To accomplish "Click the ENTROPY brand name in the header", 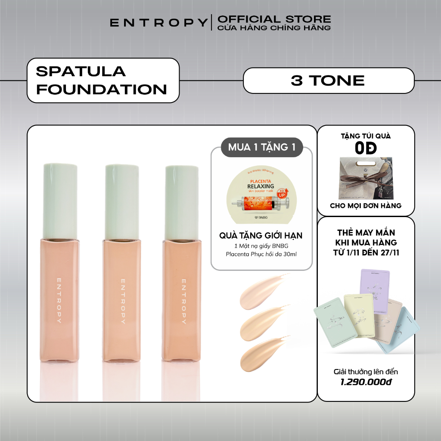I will pyautogui.click(x=158, y=23).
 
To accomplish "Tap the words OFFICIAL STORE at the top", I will pyautogui.click(x=274, y=19).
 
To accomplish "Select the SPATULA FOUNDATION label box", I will pyautogui.click(x=102, y=80).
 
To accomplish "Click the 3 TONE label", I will pyautogui.click(x=328, y=80).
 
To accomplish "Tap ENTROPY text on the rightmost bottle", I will pyautogui.click(x=183, y=301).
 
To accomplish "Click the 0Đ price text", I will pyautogui.click(x=366, y=148).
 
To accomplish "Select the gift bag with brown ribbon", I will pyautogui.click(x=366, y=178).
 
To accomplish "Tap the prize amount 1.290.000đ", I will pyautogui.click(x=366, y=382).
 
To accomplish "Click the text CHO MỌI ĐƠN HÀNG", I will pyautogui.click(x=366, y=205).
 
